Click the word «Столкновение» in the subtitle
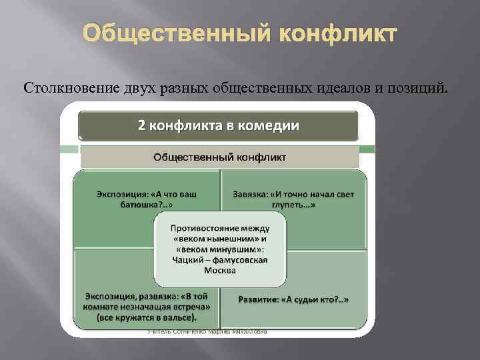[64, 89]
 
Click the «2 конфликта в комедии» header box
[219, 125]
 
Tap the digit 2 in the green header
[141, 125]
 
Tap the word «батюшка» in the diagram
[125, 205]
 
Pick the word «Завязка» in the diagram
[251, 193]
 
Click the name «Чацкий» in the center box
[187, 260]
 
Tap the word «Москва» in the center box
[221, 271]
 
